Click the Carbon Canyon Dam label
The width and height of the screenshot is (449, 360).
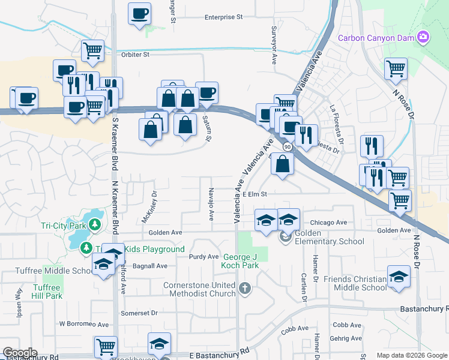point(376,38)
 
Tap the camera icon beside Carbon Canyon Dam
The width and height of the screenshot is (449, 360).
point(423,37)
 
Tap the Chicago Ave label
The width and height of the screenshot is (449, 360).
point(329,222)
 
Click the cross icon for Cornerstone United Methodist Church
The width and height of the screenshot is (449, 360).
point(244,289)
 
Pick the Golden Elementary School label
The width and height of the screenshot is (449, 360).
point(329,237)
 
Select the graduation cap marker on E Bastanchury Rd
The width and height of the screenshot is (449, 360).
point(159,344)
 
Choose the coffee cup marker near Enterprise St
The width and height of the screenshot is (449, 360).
point(140,13)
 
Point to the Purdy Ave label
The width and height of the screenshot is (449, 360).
point(203,256)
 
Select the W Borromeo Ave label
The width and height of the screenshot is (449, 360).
point(83,324)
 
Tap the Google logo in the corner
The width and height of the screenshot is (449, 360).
point(20,353)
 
